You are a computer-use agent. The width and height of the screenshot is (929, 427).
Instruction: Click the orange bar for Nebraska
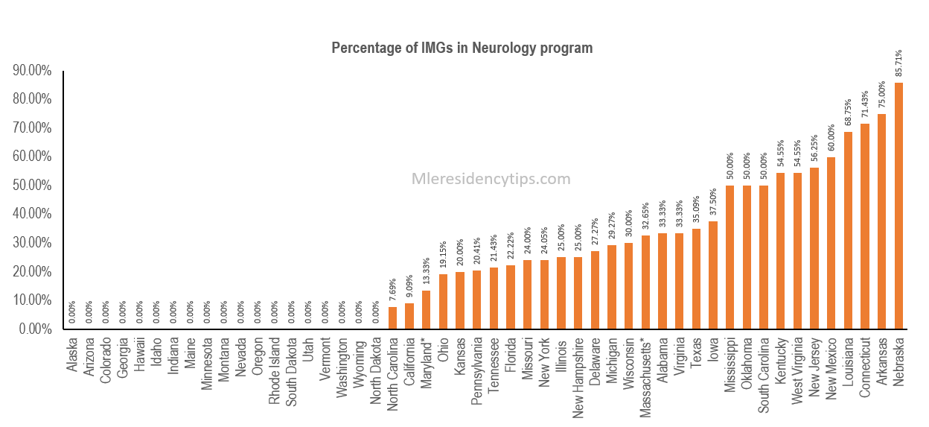[x=898, y=206]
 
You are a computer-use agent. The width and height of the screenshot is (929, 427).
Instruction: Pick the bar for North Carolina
[x=392, y=317]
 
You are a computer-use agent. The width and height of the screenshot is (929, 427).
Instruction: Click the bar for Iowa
[x=712, y=275]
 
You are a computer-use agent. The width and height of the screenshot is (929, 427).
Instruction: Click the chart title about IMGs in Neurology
[x=462, y=48]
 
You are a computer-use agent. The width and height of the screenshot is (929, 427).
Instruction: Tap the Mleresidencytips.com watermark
[x=491, y=179]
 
